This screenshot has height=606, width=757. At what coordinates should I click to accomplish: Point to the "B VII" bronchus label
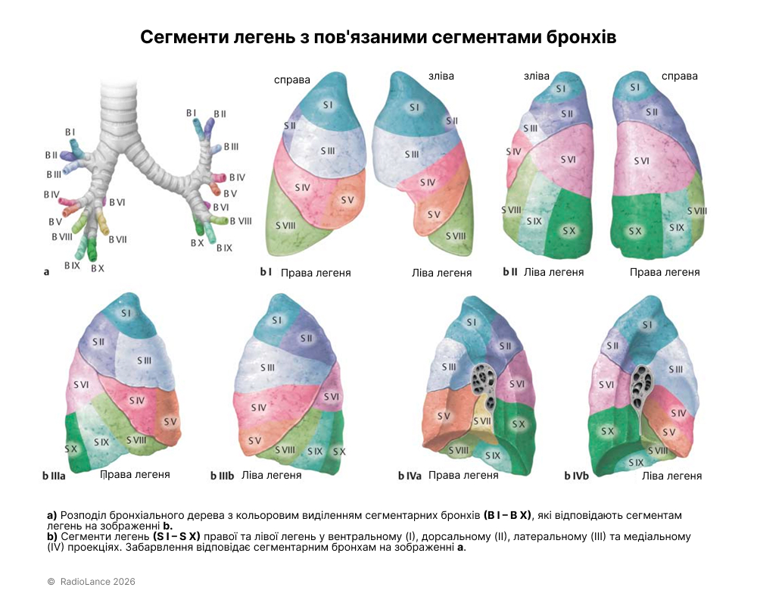point(117,239)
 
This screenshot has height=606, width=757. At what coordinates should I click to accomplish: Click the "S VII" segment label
point(481,421)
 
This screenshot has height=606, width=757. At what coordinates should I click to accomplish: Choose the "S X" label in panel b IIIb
point(339,451)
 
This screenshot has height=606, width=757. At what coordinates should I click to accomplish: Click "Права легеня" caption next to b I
point(316,273)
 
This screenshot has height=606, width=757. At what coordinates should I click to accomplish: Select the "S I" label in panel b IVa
point(472,323)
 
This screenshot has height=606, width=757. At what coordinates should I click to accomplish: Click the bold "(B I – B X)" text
point(507,516)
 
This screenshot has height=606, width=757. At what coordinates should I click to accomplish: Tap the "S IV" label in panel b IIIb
point(258,408)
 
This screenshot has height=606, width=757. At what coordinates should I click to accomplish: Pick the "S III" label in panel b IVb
point(676,369)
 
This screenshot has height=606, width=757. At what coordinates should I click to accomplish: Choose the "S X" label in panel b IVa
point(518,425)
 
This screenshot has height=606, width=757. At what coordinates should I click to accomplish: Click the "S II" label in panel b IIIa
point(98,342)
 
